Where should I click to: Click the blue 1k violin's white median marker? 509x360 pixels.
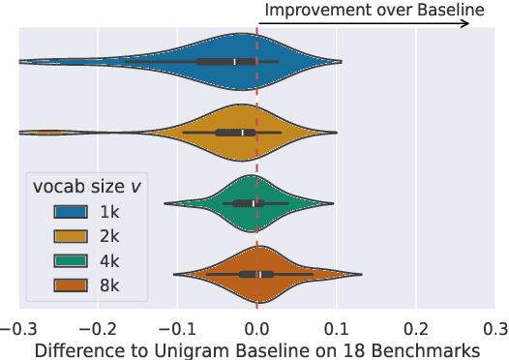[234, 61]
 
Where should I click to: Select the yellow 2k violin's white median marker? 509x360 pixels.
[242, 133]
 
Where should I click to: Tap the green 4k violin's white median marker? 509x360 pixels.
[253, 203]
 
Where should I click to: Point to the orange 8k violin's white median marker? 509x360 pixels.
[260, 275]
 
